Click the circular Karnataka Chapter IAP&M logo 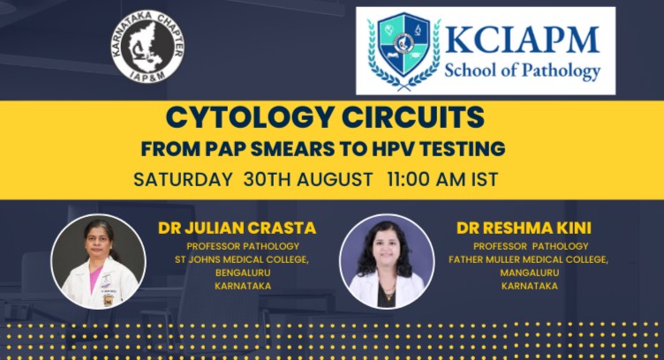pos(147,46)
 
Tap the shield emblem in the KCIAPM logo pos(404,44)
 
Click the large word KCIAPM pos(522,41)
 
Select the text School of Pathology pos(522,71)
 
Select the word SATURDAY pos(183,179)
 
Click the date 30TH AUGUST pos(308,179)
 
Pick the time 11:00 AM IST pos(442,179)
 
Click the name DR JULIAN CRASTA pos(238,228)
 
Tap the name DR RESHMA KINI pos(524,228)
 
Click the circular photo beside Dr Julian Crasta pos(98,261)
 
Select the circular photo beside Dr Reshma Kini pos(387,261)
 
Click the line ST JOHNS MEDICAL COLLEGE pos(242,259)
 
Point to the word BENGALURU pos(243,273)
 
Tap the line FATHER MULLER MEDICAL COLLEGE pos(529,259)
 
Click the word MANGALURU pos(529,273)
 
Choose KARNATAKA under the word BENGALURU pos(243,287)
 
